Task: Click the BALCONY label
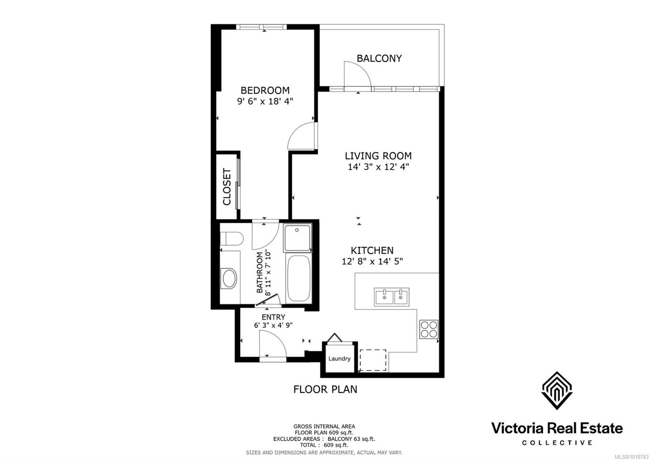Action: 379,58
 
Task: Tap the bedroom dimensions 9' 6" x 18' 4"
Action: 265,101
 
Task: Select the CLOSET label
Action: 227,187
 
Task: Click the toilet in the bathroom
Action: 231,239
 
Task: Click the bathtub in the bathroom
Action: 297,278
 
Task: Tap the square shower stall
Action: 297,238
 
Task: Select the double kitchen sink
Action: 391,297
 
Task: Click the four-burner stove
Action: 429,329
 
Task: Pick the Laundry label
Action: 339,359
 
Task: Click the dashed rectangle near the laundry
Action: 373,360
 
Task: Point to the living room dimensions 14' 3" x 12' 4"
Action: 378,167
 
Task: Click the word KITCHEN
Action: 372,250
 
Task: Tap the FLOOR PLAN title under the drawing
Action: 325,390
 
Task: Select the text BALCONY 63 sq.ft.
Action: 351,439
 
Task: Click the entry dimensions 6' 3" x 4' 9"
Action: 273,325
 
